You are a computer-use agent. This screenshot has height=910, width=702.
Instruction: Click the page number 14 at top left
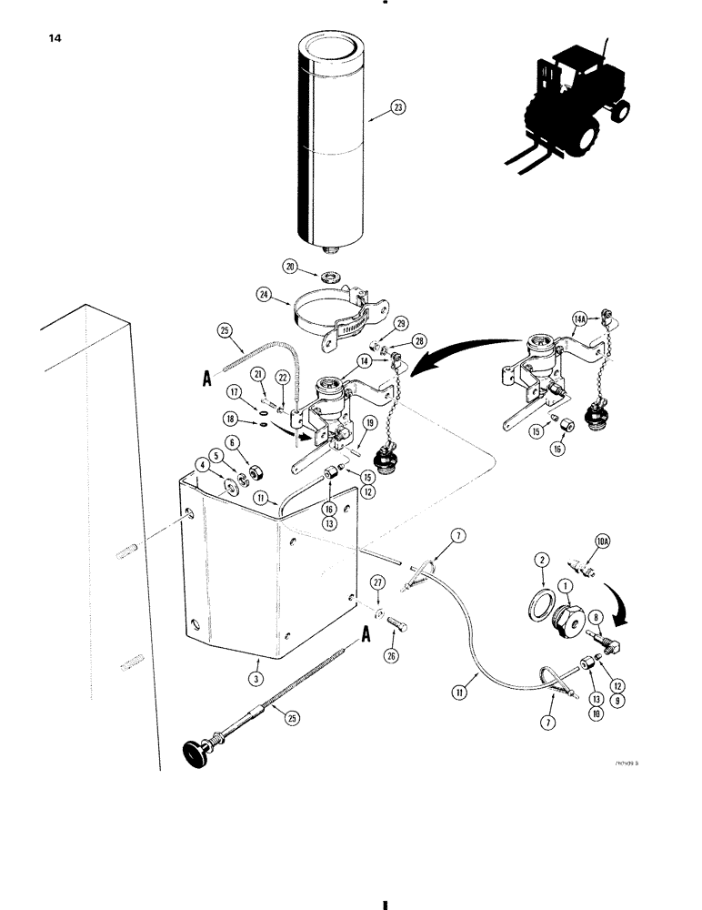pos(47,39)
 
